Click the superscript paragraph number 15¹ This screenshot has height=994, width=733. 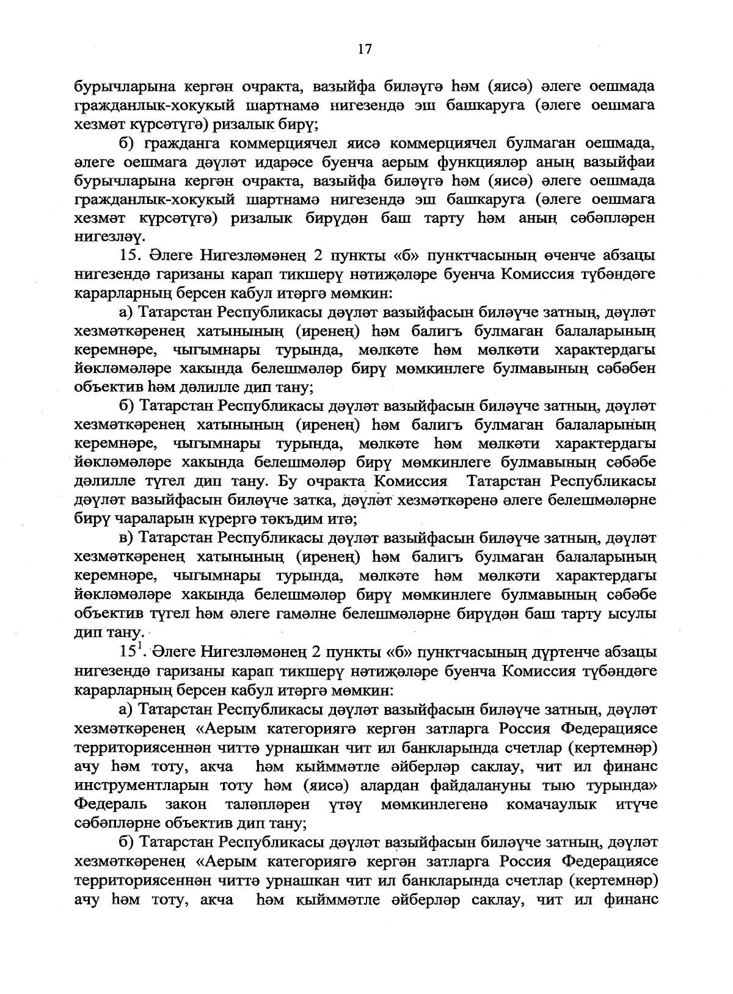point(133,651)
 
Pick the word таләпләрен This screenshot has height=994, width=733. point(267,804)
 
